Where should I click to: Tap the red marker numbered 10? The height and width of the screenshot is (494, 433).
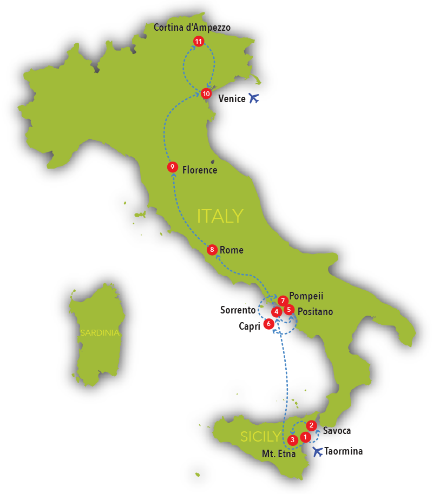206,94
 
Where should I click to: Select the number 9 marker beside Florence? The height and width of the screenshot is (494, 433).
172,167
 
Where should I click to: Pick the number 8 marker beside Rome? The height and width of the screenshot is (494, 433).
212,250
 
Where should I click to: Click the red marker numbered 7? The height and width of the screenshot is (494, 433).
282,301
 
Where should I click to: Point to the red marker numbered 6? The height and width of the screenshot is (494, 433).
268,324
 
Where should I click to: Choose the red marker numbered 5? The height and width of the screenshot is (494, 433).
288,310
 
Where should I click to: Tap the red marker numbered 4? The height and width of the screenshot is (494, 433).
276,312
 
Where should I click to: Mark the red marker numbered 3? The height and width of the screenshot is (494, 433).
293,440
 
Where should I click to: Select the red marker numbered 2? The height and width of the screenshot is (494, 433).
311,425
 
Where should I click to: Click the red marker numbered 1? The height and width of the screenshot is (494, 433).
305,436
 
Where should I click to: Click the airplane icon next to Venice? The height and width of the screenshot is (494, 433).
254,98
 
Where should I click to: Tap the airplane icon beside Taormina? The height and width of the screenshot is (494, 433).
318,451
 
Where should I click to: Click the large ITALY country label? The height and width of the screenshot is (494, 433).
220,216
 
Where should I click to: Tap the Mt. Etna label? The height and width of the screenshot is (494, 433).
279,455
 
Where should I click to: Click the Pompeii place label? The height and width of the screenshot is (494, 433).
306,296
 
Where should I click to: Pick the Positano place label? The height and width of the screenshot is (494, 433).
315,312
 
